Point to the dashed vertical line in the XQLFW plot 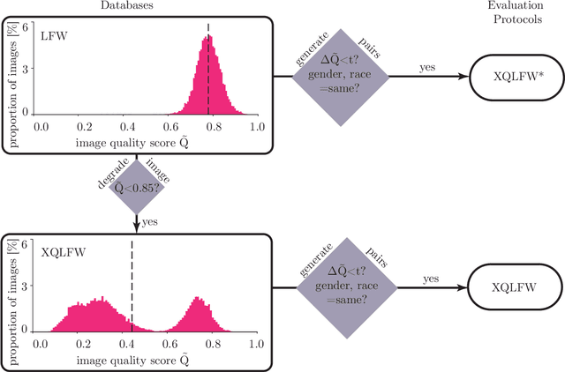(132, 282)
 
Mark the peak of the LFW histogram (207, 36)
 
